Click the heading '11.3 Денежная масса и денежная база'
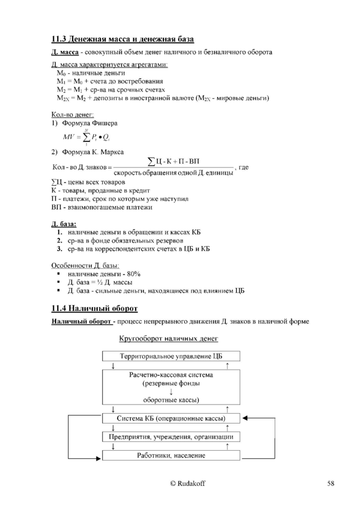tap(122, 39)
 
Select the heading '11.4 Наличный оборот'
tap(94, 308)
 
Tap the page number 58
tap(330, 483)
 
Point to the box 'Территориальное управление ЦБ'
tap(170, 356)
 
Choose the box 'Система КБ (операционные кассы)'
tap(170, 418)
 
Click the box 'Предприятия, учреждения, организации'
tap(170, 436)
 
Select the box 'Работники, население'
tap(170, 455)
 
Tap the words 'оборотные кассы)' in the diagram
tap(170, 399)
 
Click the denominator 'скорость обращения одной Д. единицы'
tap(173, 173)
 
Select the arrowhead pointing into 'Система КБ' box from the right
tap(246, 418)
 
